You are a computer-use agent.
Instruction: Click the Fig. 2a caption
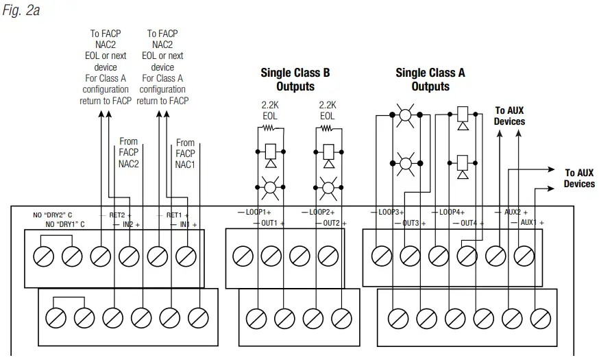point(21,10)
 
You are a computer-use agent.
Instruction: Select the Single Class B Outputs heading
point(295,80)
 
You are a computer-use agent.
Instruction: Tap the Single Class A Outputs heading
point(430,80)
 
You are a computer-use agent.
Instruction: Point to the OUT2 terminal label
point(332,223)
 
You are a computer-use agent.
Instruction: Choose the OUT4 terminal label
point(469,223)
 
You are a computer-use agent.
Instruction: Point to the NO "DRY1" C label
point(65,224)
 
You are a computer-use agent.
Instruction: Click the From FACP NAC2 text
point(128,153)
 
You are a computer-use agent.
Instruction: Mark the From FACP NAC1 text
point(185,154)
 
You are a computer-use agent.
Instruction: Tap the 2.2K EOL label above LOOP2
point(328,110)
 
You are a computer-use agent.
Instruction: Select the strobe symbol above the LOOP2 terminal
point(328,185)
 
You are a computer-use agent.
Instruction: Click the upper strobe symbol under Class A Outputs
point(405,116)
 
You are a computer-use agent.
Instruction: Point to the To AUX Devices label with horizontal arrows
point(579,178)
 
